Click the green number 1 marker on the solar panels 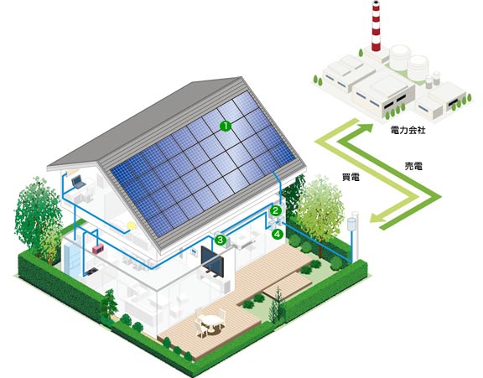coord(226,126)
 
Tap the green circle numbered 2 coord(276,210)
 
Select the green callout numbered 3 coord(221,240)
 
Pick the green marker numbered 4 coord(278,234)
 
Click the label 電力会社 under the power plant coord(408,130)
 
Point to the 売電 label coord(413,166)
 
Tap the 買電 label coord(351,177)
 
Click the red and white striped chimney coord(376,25)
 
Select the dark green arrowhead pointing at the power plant coord(366,128)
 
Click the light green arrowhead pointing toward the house coord(377,218)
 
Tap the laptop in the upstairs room coord(78,182)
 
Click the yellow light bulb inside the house coord(131,225)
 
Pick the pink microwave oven coord(98,248)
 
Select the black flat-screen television coord(212,261)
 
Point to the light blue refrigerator coord(72,258)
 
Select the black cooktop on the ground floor coord(91,272)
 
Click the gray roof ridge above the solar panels coord(145,118)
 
